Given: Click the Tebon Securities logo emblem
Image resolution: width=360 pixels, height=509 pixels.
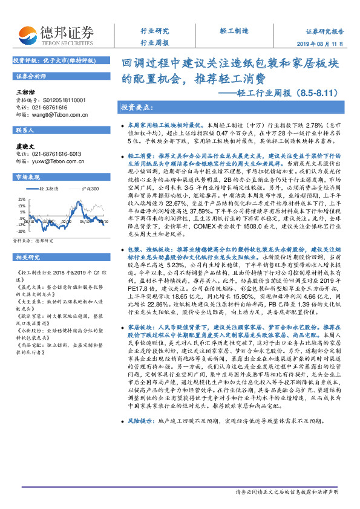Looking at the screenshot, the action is pyautogui.click(x=27, y=32).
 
